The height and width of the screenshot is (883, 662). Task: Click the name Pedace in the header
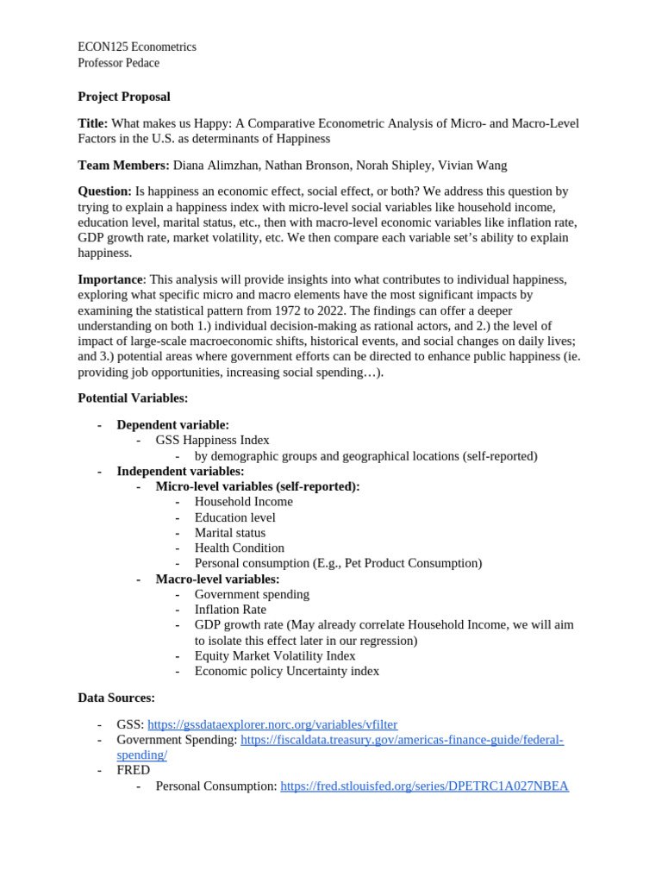[141, 63]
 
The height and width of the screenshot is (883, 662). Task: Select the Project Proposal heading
[124, 97]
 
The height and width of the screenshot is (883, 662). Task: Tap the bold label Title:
[93, 123]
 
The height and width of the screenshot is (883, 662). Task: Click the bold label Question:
[104, 191]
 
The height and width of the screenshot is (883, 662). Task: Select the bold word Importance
[110, 279]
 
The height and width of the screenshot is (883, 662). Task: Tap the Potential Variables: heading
[133, 398]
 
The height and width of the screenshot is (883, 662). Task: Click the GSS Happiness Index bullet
[212, 440]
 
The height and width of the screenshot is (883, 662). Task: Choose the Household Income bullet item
[243, 502]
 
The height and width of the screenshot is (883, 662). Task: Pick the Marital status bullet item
[230, 533]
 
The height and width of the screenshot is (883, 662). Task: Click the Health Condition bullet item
[239, 548]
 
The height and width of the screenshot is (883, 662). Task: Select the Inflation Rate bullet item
[230, 610]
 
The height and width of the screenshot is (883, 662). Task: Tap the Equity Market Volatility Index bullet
[274, 656]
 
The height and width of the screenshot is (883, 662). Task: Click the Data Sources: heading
[116, 698]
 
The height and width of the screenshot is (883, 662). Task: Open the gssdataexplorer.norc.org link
[272, 724]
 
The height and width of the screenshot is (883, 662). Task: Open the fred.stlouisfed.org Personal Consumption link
[424, 786]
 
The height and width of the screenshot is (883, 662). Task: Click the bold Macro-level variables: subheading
[217, 579]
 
